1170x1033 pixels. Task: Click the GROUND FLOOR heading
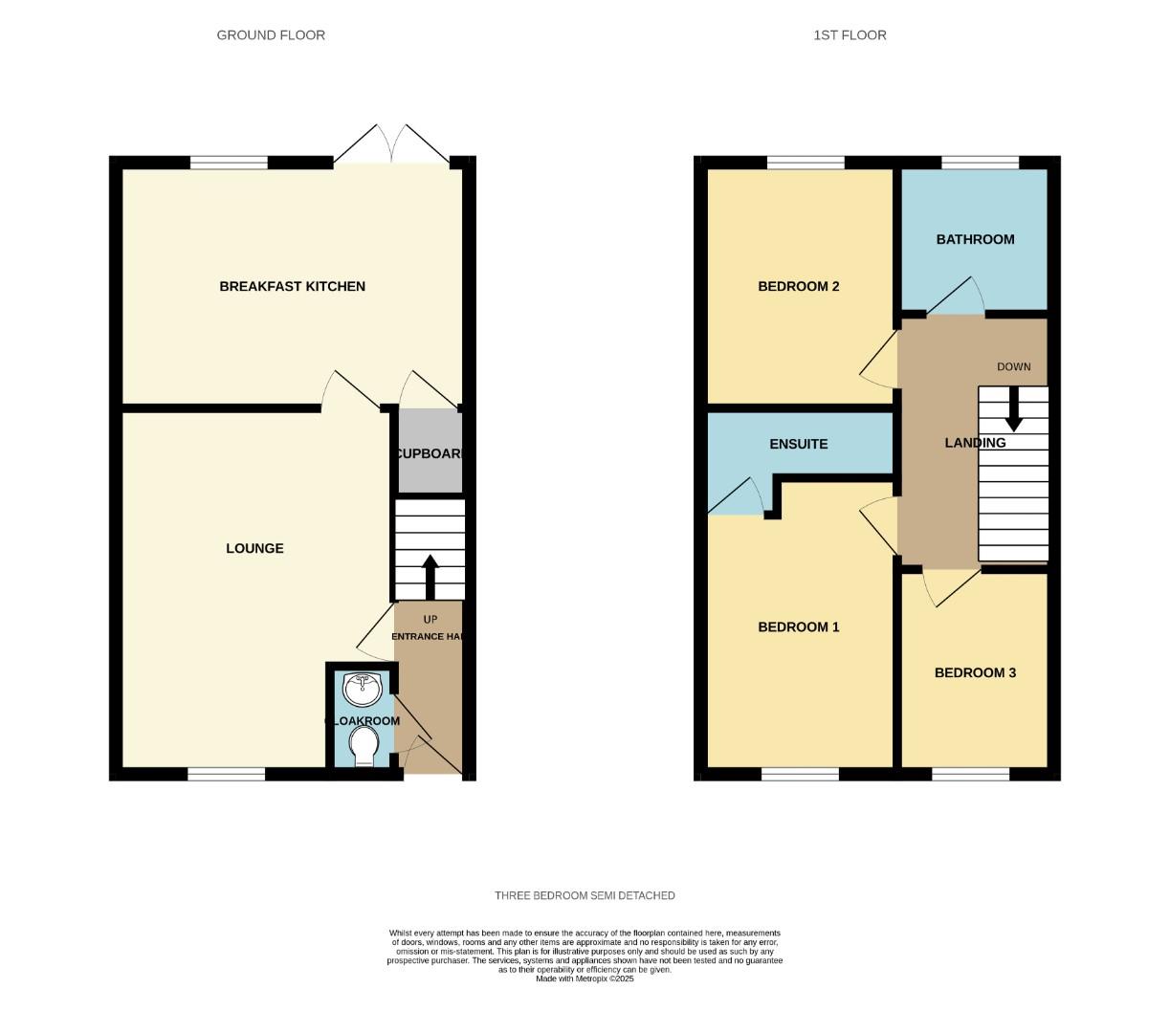[271, 35]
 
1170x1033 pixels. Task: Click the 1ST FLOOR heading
[850, 35]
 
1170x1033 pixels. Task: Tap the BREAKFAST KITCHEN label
[292, 286]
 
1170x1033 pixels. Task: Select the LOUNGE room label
[254, 548]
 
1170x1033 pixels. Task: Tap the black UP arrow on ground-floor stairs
[430, 576]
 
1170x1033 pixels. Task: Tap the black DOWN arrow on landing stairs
[1013, 411]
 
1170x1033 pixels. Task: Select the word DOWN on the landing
[1013, 366]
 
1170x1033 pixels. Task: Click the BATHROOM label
[975, 239]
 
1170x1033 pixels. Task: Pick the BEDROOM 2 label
[798, 286]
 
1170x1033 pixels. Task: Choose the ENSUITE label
[799, 444]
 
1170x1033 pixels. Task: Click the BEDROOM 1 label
[798, 627]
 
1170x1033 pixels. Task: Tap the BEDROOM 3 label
[975, 672]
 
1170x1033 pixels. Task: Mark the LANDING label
[975, 443]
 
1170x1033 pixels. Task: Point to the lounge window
[226, 774]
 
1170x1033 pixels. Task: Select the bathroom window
[980, 163]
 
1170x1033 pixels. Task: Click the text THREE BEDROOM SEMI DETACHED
[585, 895]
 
